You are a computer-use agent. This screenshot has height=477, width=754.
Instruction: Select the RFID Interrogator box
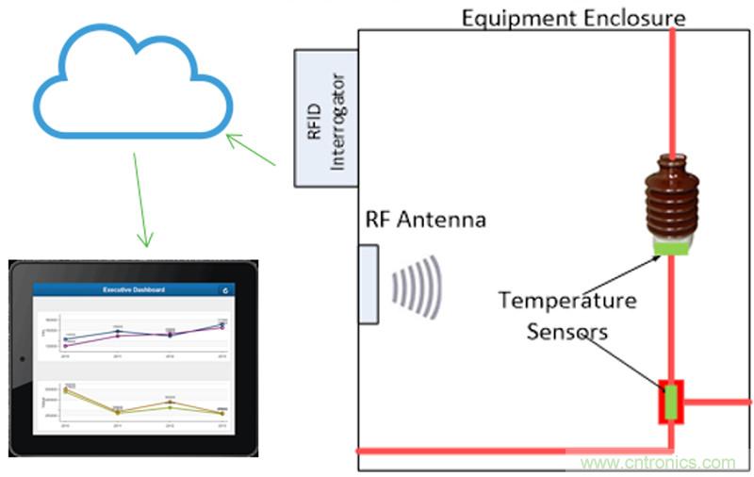(x=326, y=118)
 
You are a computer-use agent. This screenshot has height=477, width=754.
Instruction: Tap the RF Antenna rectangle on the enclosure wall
(x=368, y=284)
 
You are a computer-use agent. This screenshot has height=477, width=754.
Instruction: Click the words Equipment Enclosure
(x=572, y=17)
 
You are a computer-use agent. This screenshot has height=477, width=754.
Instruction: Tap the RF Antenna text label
(x=425, y=221)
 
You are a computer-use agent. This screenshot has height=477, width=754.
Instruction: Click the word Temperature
(x=567, y=301)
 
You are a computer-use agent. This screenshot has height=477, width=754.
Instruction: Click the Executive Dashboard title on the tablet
(x=133, y=289)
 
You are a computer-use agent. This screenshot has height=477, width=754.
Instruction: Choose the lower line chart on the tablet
(x=133, y=403)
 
